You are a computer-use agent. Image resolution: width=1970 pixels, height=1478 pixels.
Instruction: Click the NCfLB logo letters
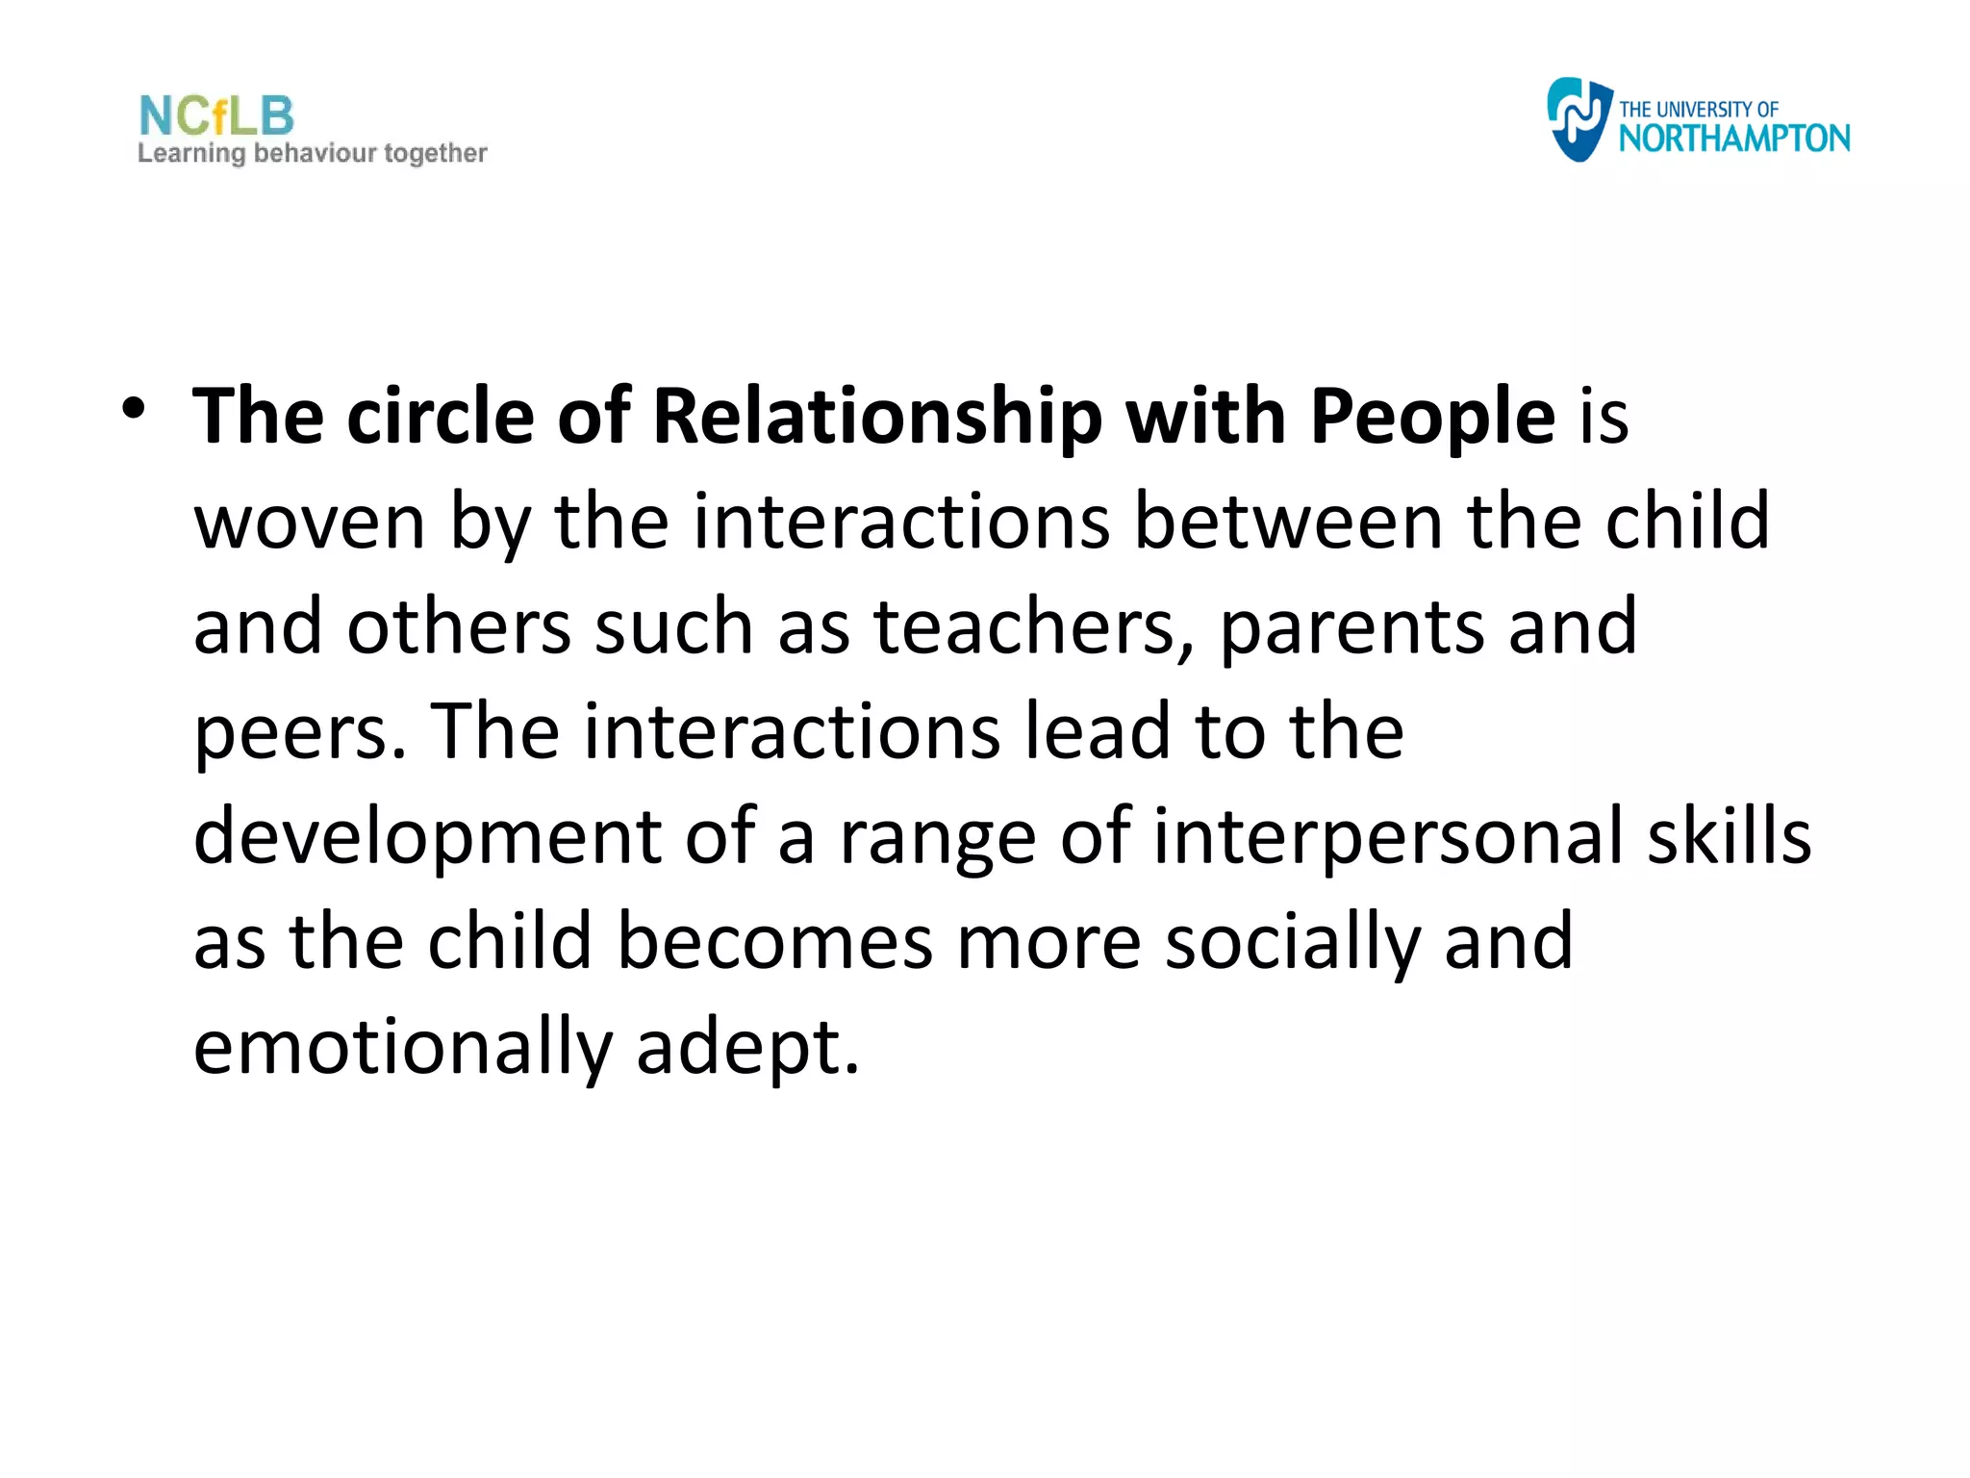(x=216, y=116)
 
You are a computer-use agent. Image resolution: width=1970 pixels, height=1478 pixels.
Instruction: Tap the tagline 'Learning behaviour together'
(x=313, y=154)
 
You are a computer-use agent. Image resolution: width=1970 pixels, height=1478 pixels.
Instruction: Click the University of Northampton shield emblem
(x=1578, y=119)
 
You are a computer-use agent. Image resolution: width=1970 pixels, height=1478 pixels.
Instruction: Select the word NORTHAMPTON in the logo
(x=1733, y=140)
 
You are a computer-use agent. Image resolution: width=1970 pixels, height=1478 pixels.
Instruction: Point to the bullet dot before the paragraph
(x=134, y=410)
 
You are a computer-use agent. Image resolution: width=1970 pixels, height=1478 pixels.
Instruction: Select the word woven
(x=310, y=522)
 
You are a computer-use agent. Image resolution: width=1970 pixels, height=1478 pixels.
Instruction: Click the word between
(x=1289, y=522)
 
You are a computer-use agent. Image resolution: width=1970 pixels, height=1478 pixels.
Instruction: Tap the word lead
(x=1097, y=731)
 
